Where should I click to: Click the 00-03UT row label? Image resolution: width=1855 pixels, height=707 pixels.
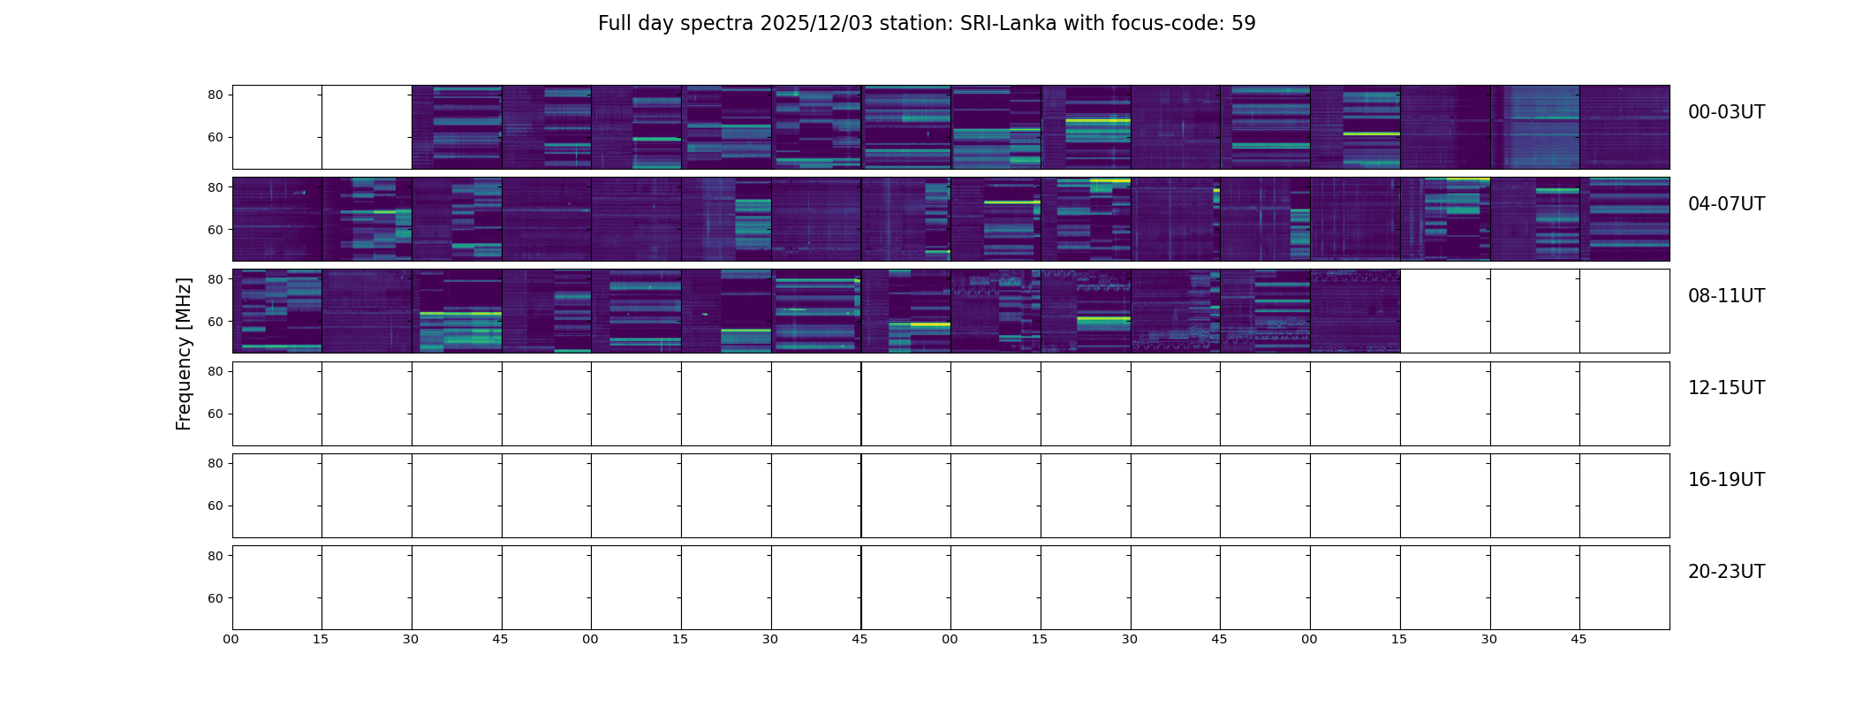click(1726, 112)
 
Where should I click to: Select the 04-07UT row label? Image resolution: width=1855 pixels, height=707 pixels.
click(1726, 204)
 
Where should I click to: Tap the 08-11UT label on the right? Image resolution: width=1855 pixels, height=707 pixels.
click(1726, 296)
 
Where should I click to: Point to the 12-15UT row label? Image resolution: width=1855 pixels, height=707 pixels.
click(1726, 388)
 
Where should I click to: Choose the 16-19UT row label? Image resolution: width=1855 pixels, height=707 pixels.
click(1726, 480)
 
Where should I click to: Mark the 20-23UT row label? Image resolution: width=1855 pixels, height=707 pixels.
click(1726, 572)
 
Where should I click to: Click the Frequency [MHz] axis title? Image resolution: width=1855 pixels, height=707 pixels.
click(184, 353)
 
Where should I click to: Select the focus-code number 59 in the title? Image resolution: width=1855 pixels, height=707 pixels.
click(1243, 24)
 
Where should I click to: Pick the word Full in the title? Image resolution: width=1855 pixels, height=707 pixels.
click(614, 24)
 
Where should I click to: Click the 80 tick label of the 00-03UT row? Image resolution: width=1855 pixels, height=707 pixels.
click(216, 95)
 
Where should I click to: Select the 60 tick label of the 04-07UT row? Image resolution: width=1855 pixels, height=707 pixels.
click(216, 230)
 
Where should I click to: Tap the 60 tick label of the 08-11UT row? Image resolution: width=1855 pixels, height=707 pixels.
click(216, 322)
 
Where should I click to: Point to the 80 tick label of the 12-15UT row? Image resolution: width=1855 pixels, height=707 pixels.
click(216, 372)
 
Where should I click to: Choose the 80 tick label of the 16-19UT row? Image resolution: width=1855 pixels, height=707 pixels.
click(216, 464)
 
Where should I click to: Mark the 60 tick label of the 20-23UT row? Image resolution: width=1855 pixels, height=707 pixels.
click(216, 598)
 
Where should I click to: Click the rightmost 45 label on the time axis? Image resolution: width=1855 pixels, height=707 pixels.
click(1579, 639)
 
